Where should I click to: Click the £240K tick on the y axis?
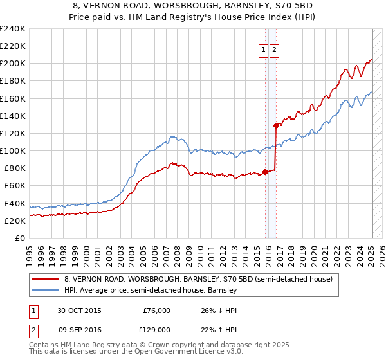pyautogui.click(x=13, y=29)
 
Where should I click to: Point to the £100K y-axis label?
pyautogui.click(x=13, y=150)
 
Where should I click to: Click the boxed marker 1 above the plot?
pyautogui.click(x=264, y=51)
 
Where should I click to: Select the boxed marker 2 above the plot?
pyautogui.click(x=274, y=51)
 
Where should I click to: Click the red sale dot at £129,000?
pyautogui.click(x=276, y=125)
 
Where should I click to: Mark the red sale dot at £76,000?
pyautogui.click(x=265, y=172)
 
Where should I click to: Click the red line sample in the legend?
pyautogui.click(x=46, y=280)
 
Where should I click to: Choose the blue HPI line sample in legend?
pyautogui.click(x=46, y=291)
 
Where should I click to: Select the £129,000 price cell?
pyautogui.click(x=156, y=329)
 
